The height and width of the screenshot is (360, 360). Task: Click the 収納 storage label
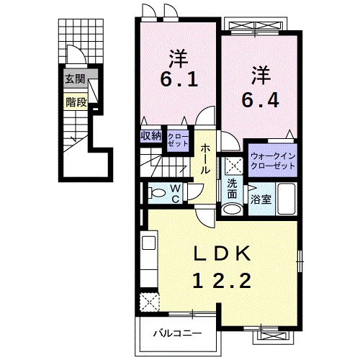tap(150, 135)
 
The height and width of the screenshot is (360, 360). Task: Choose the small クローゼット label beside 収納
tap(176, 139)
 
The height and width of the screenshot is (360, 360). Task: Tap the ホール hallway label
tap(205, 159)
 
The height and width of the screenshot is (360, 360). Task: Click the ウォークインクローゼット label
tap(272, 160)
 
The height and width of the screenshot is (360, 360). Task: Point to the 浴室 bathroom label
tap(261, 199)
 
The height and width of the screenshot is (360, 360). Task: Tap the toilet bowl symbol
tap(156, 192)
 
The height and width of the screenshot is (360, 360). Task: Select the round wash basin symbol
tap(232, 209)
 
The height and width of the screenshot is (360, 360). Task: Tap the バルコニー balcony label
tap(176, 333)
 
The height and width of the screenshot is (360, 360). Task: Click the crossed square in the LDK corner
tap(150, 300)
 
